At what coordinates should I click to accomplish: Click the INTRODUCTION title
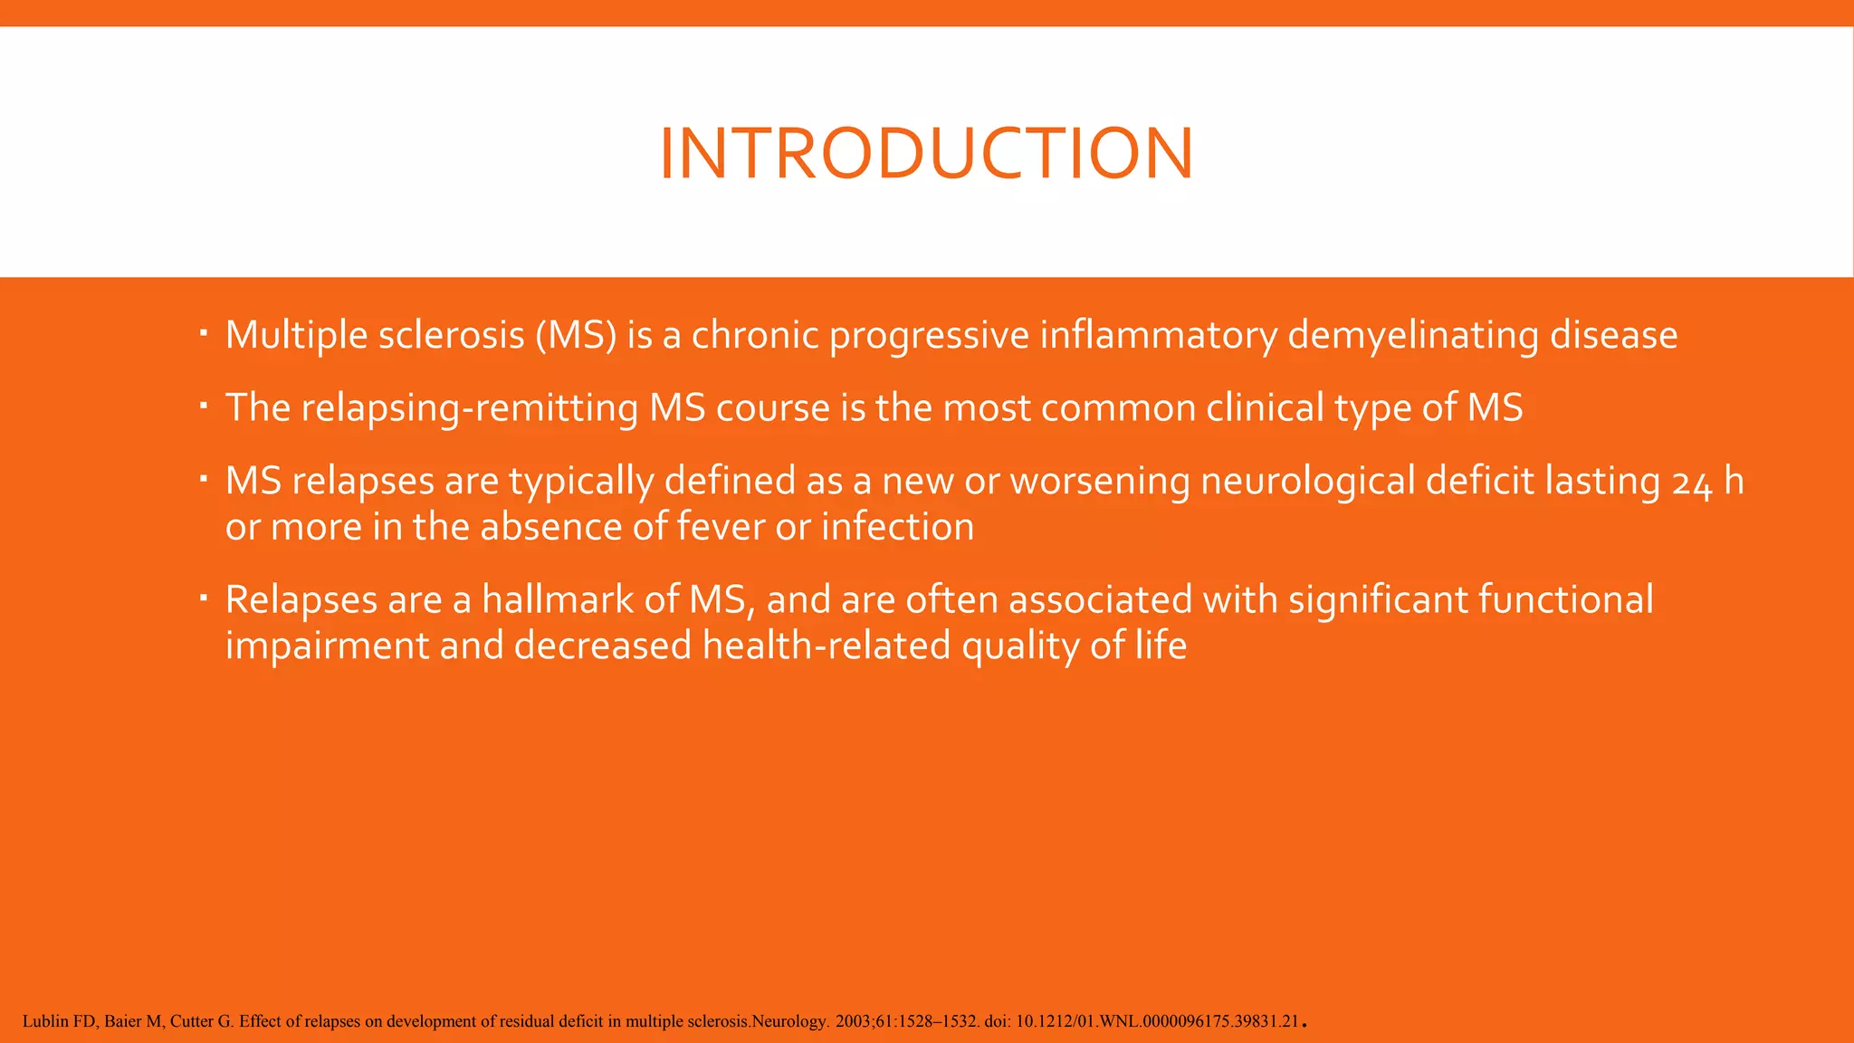(926, 153)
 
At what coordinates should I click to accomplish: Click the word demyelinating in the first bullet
(1412, 336)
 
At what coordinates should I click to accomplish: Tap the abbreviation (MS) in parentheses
(576, 336)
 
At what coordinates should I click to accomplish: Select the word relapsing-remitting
(469, 408)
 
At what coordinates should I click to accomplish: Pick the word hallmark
(557, 599)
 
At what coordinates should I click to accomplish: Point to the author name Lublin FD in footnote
(58, 1021)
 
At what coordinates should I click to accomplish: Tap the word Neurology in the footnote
(788, 1021)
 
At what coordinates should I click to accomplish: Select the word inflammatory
(1158, 336)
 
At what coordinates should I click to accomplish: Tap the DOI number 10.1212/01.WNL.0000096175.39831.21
(1157, 1021)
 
